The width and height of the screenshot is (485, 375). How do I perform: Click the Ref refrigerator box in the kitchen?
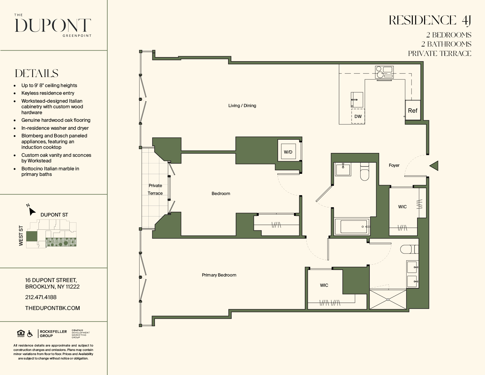[x=413, y=110]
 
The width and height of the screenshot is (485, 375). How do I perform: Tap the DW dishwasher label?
[x=358, y=116]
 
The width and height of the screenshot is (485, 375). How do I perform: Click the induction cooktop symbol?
[x=384, y=72]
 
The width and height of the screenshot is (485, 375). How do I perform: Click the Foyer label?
[x=394, y=165]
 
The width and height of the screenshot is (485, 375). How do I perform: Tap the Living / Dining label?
[x=242, y=106]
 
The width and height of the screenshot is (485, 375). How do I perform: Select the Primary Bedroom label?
[x=219, y=275]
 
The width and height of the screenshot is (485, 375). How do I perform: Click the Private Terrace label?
[x=155, y=189]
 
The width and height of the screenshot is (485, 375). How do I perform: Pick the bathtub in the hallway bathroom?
[x=352, y=226]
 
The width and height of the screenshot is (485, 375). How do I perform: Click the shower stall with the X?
[x=388, y=299]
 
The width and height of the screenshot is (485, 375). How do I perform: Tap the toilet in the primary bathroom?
[x=409, y=249]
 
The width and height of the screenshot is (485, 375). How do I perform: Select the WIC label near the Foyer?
[x=402, y=207]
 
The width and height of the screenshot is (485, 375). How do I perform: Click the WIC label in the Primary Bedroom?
[x=324, y=285]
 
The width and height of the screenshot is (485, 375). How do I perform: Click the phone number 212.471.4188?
[x=41, y=297]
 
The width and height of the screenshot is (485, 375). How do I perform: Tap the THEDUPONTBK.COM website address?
[x=52, y=308]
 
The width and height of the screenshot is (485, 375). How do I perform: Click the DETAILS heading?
[x=37, y=73]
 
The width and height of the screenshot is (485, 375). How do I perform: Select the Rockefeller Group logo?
[x=52, y=334]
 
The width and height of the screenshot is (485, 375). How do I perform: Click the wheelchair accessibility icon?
[x=30, y=334]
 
